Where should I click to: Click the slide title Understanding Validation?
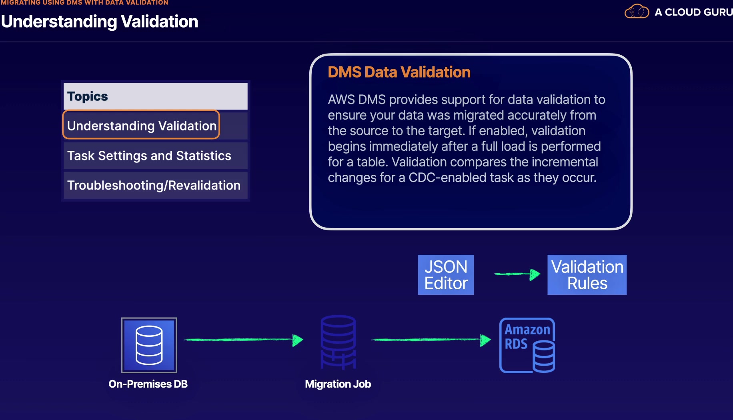(x=100, y=22)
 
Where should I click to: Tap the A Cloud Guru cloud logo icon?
(x=637, y=12)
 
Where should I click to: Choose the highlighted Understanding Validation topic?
(x=141, y=126)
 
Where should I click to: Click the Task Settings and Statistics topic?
(x=149, y=156)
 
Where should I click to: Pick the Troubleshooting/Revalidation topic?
(x=154, y=185)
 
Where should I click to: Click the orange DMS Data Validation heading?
(x=399, y=72)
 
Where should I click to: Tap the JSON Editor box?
(x=446, y=275)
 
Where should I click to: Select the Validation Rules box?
(x=587, y=275)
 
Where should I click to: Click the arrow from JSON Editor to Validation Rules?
(x=517, y=274)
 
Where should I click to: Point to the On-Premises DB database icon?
(x=149, y=345)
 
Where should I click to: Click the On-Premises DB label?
(x=148, y=384)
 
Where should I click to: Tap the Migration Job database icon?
(x=338, y=342)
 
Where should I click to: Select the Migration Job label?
(x=338, y=384)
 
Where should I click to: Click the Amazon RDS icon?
(x=527, y=345)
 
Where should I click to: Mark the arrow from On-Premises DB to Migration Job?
(x=243, y=340)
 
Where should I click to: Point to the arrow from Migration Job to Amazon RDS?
(x=431, y=340)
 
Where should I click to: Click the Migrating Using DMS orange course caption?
(x=84, y=3)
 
